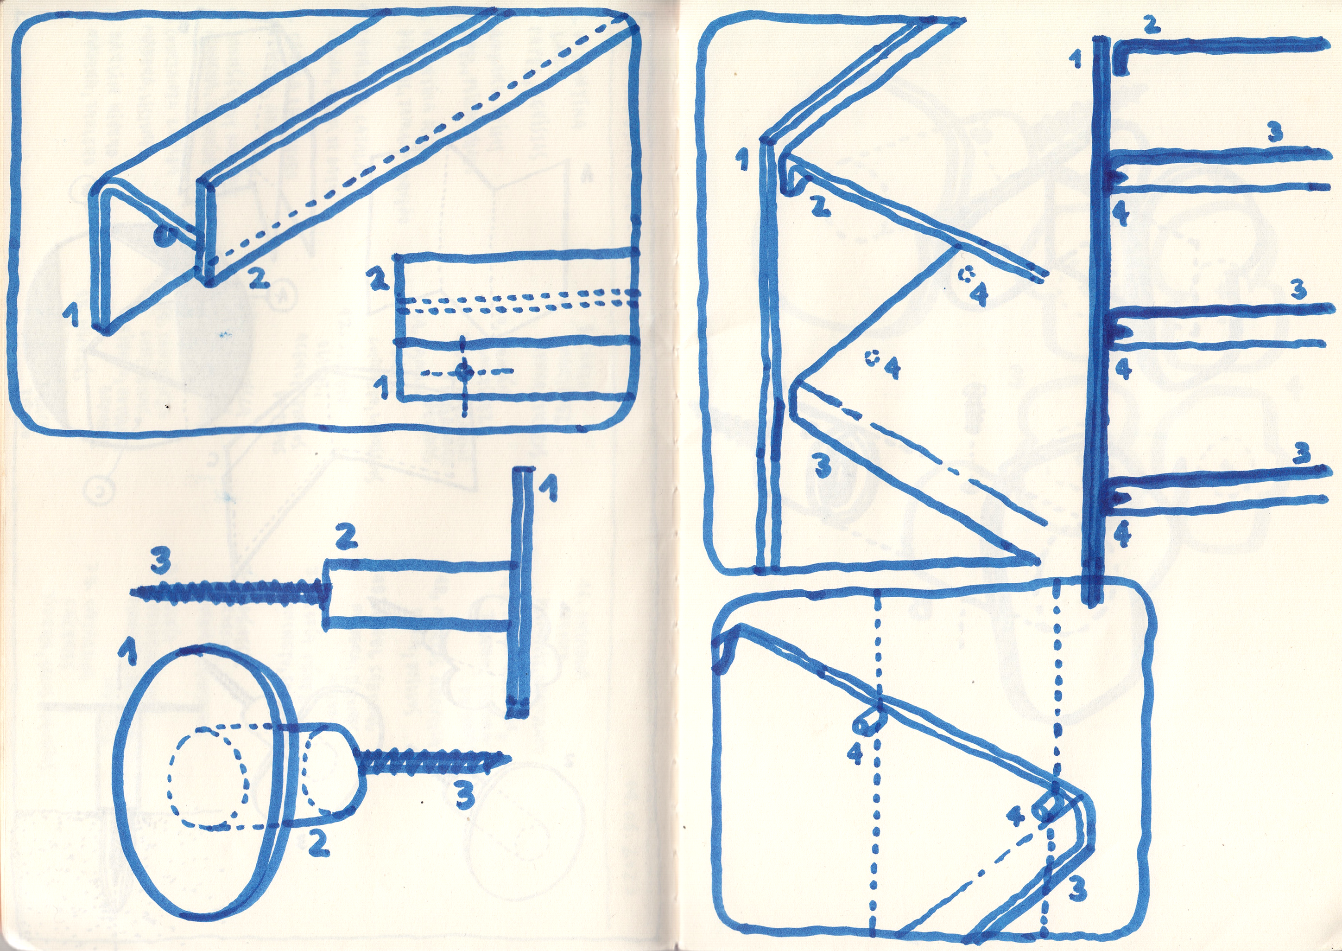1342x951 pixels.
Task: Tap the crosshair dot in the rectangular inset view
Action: pyautogui.click(x=465, y=370)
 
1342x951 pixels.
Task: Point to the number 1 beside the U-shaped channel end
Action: pyautogui.click(x=71, y=317)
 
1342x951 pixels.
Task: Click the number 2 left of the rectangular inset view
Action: pyautogui.click(x=381, y=281)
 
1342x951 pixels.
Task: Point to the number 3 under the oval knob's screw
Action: pyautogui.click(x=465, y=796)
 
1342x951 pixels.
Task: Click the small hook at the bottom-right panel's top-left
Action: pyautogui.click(x=723, y=645)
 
